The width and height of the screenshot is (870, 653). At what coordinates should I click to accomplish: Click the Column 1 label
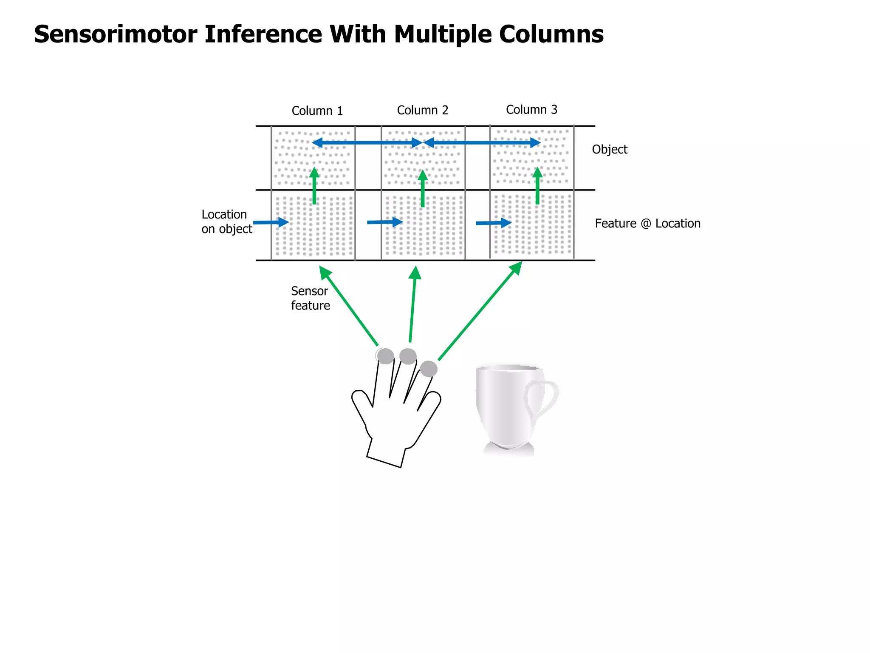pos(317,111)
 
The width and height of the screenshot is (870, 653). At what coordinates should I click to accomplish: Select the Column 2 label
pos(422,111)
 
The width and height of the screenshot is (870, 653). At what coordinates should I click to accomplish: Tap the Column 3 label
pos(531,110)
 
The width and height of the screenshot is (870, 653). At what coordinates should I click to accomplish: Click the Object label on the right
pos(609,150)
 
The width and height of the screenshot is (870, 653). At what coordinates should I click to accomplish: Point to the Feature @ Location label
pos(647,224)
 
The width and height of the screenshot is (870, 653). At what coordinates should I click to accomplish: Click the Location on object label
pos(226,221)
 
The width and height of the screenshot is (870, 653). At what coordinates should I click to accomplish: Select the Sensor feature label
pos(310,298)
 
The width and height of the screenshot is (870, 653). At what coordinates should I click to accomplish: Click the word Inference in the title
pos(263,34)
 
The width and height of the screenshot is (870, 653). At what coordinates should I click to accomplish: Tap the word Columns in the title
pos(551,34)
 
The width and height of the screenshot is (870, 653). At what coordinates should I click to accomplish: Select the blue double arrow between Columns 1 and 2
pos(367,143)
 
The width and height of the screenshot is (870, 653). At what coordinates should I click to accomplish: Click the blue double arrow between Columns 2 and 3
pos(482,143)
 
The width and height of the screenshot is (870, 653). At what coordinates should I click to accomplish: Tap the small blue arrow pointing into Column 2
pos(384,222)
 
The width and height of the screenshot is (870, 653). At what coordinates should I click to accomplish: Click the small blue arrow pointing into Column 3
pos(493,223)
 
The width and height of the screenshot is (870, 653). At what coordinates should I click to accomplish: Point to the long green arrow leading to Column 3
pos(480,311)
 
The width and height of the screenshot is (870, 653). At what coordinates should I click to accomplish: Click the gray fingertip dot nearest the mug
pos(429,369)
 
